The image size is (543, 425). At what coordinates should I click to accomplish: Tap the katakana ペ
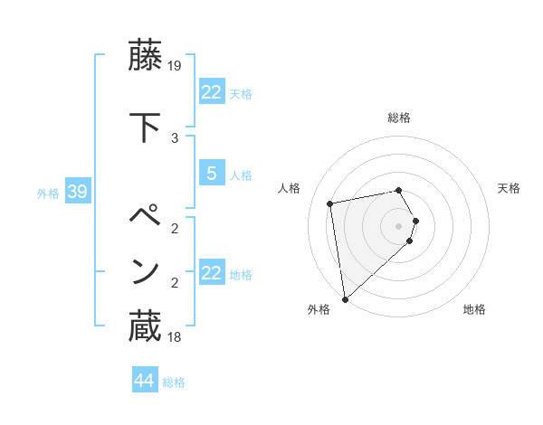point(145,217)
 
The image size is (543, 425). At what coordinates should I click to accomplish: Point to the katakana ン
point(145,271)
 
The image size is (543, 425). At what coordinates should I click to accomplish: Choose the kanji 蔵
point(145,326)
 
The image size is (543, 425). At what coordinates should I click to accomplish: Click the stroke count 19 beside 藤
point(176,65)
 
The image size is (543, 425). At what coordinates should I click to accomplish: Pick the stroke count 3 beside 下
point(175,137)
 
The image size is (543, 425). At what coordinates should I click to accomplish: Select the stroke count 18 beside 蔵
point(176,337)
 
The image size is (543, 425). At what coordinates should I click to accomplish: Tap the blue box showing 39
point(76,193)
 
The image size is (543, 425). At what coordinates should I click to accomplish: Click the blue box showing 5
point(211,175)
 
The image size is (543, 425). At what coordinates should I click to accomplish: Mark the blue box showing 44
point(144,381)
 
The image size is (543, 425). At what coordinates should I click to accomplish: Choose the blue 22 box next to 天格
point(211,92)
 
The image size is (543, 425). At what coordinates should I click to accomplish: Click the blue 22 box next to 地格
point(211,273)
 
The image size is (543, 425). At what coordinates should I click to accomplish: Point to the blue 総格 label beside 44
point(174,382)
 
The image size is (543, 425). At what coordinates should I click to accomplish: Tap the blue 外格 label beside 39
point(47,194)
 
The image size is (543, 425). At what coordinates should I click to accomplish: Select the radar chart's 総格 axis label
point(399,118)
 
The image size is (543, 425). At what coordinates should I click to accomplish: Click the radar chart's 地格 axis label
point(474,309)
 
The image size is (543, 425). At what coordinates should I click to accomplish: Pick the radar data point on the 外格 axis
point(345,298)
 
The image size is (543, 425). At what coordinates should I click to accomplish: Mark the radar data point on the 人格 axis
point(330,203)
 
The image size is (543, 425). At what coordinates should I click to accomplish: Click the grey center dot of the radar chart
point(399,225)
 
